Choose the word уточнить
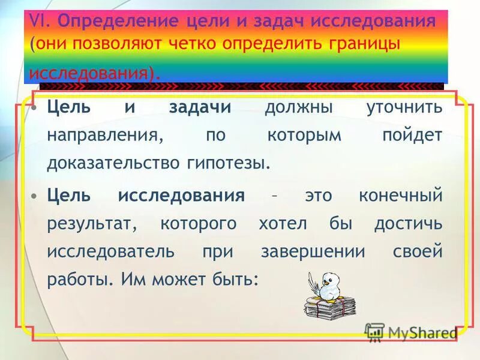[x=404, y=108]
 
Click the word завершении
[x=313, y=251]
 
